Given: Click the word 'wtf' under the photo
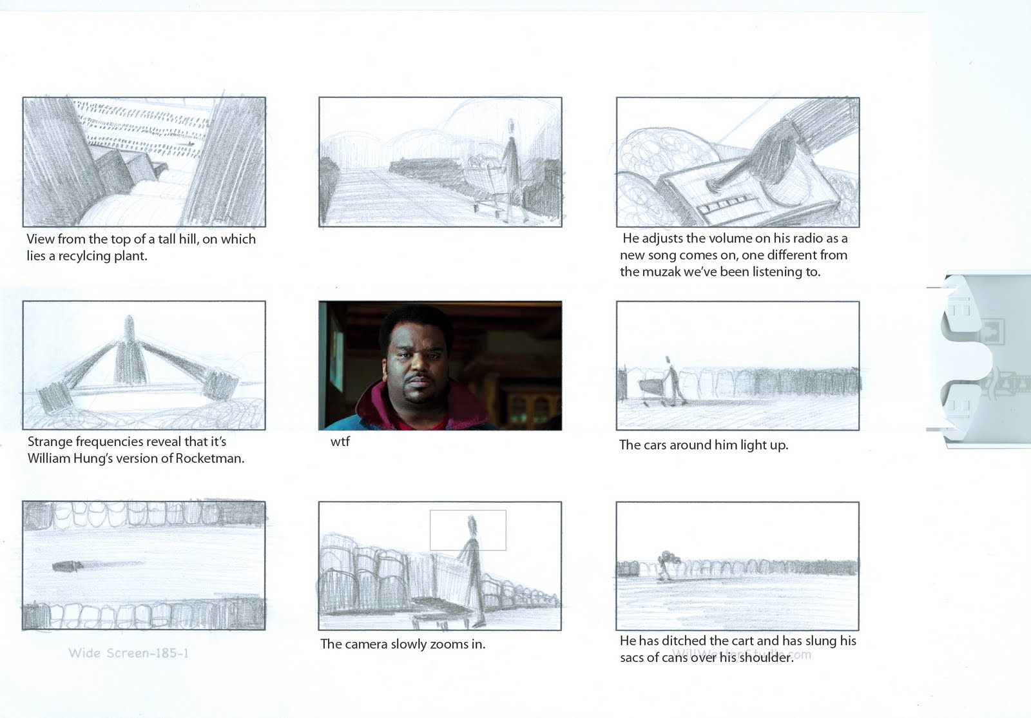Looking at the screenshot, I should pyautogui.click(x=340, y=442).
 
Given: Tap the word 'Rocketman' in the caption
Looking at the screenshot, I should pyautogui.click(x=211, y=459).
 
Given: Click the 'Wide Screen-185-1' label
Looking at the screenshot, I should pyautogui.click(x=128, y=653).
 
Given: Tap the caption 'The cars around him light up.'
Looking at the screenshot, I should pyautogui.click(x=703, y=445).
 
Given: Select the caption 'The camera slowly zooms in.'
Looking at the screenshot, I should pyautogui.click(x=403, y=644).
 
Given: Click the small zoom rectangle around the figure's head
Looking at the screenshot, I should pyautogui.click(x=468, y=530).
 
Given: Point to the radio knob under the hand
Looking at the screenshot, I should pyautogui.click(x=714, y=186).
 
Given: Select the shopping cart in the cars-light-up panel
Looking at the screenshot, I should pyautogui.click(x=651, y=389).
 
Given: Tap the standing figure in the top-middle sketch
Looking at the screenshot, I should pyautogui.click(x=512, y=155).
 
